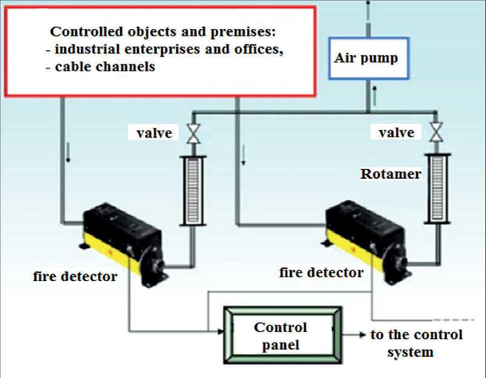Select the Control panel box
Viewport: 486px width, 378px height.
coord(281,336)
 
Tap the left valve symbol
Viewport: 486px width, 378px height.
coord(194,133)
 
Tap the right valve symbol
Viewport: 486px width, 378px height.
coord(436,133)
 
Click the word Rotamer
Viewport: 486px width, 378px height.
coord(390,174)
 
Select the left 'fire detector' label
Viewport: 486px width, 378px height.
coord(75,277)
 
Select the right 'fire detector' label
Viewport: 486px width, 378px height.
coord(321,273)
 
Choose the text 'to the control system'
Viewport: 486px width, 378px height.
coord(416,343)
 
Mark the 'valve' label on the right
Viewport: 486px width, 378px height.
coord(396,132)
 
